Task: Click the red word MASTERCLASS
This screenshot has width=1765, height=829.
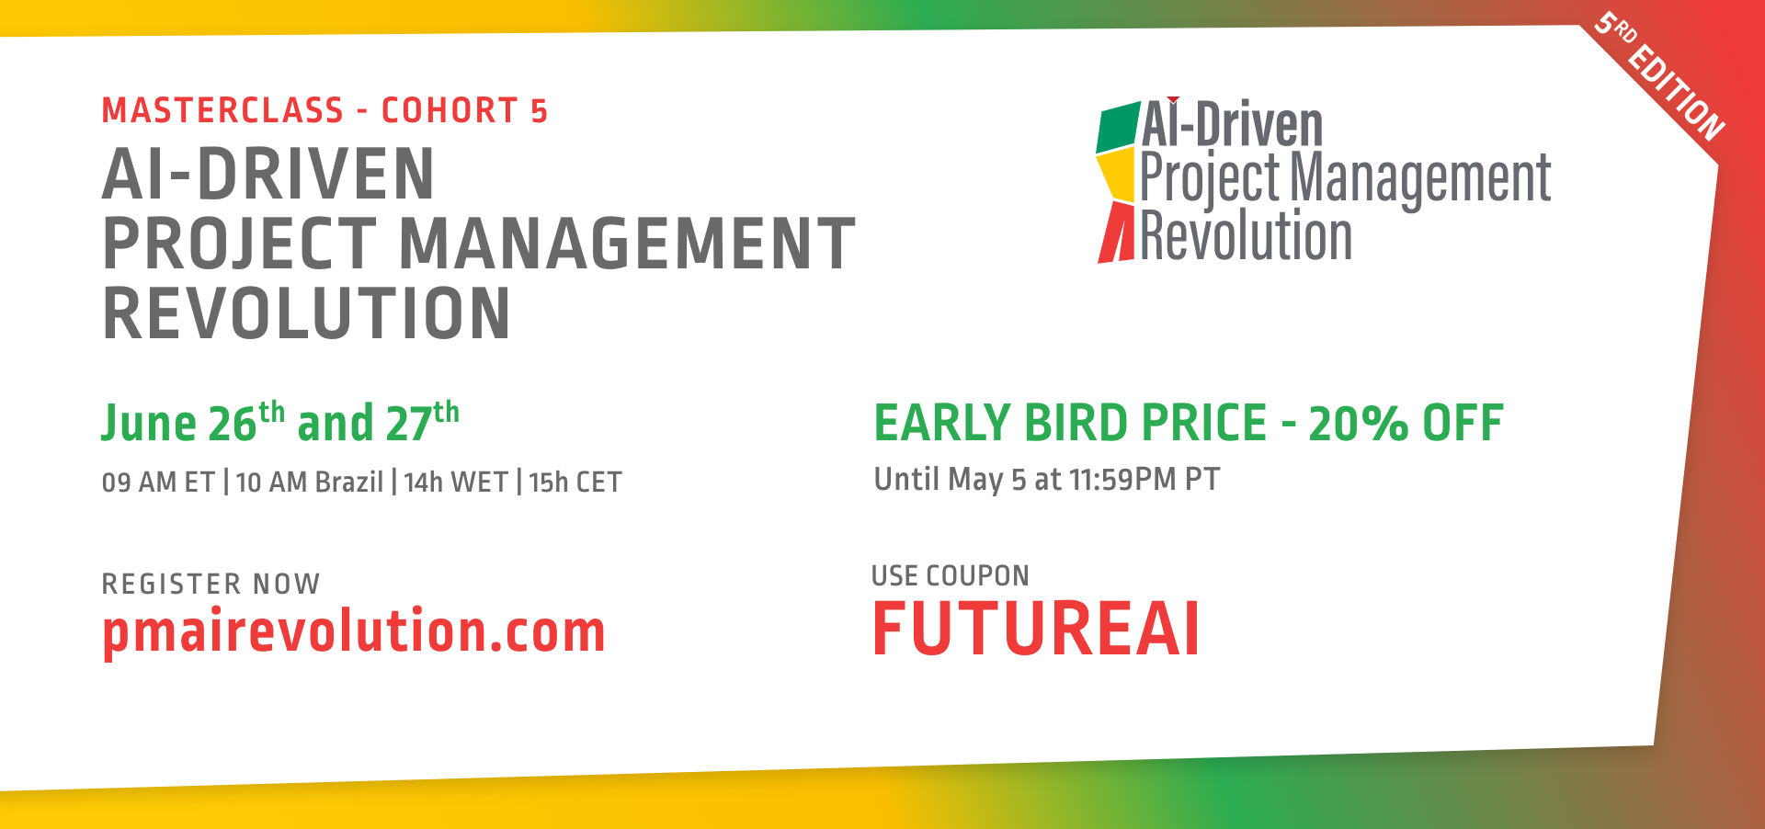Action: (x=222, y=110)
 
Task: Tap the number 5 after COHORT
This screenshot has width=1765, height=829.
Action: (x=539, y=111)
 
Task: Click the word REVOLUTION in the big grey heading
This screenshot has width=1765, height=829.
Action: (x=306, y=313)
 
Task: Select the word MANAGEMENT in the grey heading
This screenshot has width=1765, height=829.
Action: (x=627, y=244)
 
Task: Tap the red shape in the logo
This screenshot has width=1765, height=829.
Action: (x=1117, y=234)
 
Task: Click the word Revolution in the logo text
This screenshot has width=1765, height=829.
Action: (x=1246, y=236)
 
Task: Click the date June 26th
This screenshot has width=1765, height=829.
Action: (x=191, y=423)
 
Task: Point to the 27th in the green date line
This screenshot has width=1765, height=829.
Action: (x=421, y=423)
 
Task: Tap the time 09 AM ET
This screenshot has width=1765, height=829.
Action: (x=157, y=482)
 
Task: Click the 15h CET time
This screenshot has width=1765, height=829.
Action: (x=575, y=482)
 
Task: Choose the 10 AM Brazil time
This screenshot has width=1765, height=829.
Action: (x=309, y=482)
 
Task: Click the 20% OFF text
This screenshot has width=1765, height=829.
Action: (x=1406, y=424)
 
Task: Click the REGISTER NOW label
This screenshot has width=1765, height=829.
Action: (x=211, y=584)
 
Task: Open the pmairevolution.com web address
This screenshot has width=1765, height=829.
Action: (x=353, y=632)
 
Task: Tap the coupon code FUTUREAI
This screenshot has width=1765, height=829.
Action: (x=1035, y=630)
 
